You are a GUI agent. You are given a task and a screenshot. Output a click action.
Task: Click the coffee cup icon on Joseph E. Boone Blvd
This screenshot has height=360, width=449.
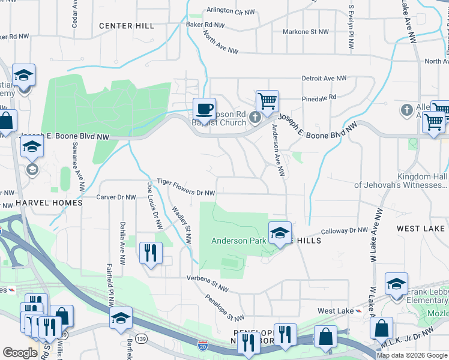(204, 109)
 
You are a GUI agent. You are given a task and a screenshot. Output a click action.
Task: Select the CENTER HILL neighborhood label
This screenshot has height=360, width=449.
(127, 26)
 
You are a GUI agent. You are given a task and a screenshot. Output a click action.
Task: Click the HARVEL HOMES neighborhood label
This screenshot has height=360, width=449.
(49, 203)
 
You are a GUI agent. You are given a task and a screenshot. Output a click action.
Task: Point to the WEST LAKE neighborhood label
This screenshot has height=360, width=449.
(420, 229)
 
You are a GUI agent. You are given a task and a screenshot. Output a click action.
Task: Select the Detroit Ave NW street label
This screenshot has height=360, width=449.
(324, 79)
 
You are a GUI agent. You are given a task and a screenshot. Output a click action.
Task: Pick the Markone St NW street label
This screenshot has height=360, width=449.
(306, 32)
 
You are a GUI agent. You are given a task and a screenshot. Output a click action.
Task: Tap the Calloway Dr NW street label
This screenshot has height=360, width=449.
(344, 230)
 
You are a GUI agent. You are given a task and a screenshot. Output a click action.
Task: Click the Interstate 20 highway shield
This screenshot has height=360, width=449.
(202, 346)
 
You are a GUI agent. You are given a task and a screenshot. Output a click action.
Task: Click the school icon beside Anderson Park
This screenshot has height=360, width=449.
(279, 233)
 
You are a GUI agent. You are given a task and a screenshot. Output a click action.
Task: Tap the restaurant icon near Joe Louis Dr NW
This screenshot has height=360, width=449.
(150, 252)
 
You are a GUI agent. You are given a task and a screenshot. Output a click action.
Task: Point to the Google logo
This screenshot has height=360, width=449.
(20, 353)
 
